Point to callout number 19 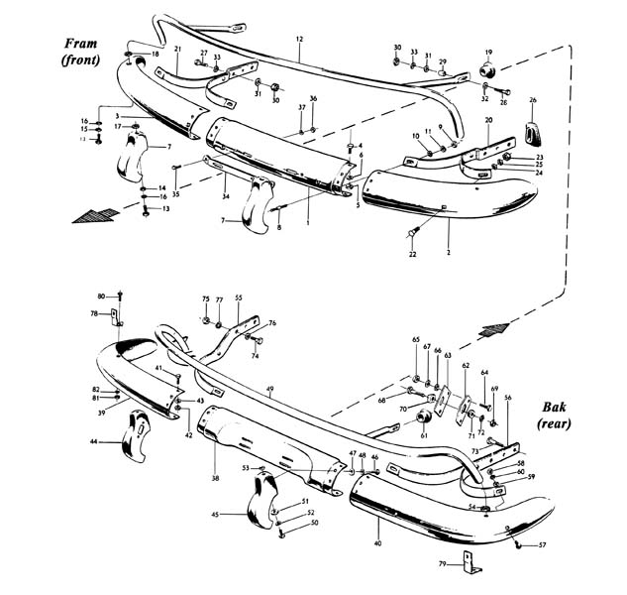point(487,51)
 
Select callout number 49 point(269,390)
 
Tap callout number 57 point(541,545)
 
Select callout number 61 point(424,435)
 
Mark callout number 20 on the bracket point(488,120)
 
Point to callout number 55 point(238,297)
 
